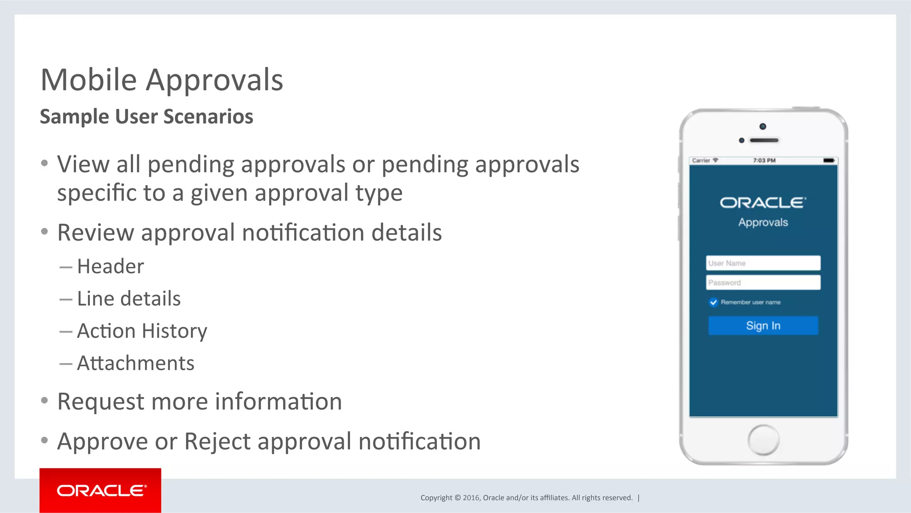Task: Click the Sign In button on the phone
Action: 763,326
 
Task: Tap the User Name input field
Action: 763,263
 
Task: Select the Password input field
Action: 763,283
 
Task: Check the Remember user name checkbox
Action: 713,303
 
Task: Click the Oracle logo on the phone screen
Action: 763,203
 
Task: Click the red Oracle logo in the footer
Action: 101,490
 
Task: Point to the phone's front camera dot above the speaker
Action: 763,127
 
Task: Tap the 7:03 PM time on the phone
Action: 764,161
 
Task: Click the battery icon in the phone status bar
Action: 829,161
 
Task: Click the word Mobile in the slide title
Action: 89,80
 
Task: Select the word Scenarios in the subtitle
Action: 208,117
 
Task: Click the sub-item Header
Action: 110,267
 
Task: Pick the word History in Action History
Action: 174,331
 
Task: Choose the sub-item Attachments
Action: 136,363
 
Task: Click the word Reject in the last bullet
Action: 218,441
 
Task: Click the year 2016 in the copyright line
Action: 471,498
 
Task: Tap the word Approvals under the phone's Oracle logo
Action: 763,222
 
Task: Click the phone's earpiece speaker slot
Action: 764,141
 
